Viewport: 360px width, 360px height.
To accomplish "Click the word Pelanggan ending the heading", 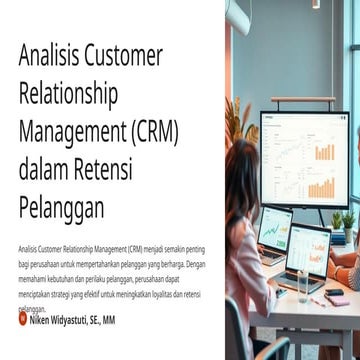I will click(x=60, y=209).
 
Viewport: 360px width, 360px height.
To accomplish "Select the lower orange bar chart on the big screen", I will click(x=321, y=187).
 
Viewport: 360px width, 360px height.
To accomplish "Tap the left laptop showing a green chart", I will click(x=275, y=232).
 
